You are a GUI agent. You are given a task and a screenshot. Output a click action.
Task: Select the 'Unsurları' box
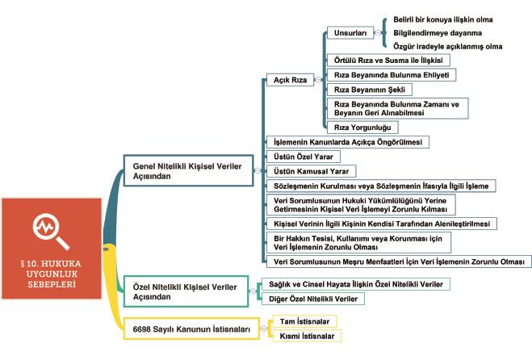pyautogui.click(x=349, y=33)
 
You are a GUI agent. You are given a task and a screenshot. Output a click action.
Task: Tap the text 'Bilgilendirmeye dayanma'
pyautogui.click(x=433, y=32)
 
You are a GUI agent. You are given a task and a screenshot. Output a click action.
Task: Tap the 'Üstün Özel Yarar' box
pyautogui.click(x=303, y=155)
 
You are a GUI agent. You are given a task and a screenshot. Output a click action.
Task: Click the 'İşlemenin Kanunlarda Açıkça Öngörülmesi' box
pyautogui.click(x=347, y=141)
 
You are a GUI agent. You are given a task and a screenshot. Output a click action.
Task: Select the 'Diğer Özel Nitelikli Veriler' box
pyautogui.click(x=312, y=299)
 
